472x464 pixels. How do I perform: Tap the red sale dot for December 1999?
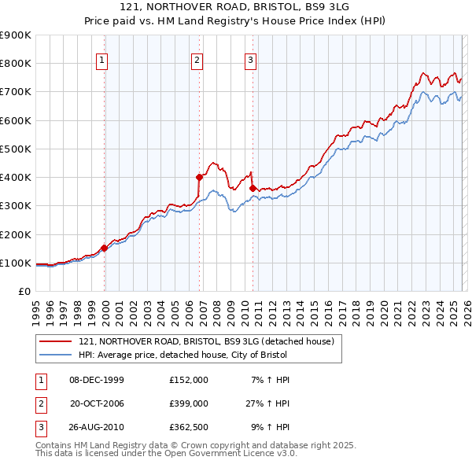(105, 248)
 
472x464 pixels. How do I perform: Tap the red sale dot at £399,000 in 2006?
(200, 178)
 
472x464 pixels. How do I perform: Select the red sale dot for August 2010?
(253, 188)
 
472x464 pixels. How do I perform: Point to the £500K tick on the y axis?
(16, 149)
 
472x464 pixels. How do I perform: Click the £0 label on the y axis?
(24, 291)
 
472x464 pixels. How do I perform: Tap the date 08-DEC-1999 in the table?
(97, 380)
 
